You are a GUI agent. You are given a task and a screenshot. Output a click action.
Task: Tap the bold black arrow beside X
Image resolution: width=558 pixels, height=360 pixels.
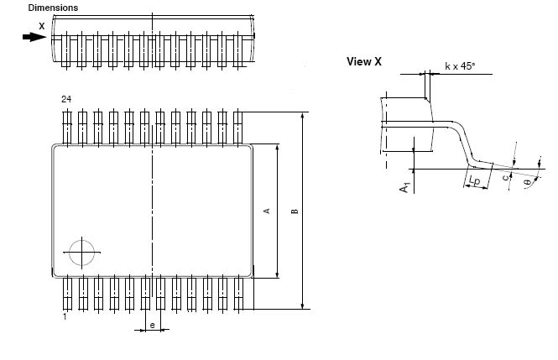click(34, 37)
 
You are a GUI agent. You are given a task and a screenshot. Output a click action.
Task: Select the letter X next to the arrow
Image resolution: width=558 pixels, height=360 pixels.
click(42, 25)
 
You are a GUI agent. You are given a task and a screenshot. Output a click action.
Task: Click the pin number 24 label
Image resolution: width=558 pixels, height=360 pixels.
click(65, 99)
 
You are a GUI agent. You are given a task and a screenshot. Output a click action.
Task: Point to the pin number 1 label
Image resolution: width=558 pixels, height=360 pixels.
click(65, 316)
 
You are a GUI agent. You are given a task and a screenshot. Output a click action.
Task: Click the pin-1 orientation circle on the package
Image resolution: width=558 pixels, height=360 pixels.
click(82, 253)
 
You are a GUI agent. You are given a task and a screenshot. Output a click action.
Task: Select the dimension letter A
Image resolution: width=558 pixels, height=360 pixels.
click(267, 211)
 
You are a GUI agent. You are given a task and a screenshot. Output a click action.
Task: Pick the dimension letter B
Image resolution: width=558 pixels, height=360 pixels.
click(295, 211)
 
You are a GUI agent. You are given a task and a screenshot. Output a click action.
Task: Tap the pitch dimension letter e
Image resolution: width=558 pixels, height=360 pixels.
click(152, 324)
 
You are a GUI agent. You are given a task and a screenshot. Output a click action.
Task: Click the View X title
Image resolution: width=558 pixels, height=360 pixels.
click(364, 61)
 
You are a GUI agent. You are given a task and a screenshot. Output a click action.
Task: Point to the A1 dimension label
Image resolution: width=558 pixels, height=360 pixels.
click(404, 188)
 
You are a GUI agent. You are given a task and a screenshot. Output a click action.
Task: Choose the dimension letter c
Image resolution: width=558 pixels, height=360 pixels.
click(504, 177)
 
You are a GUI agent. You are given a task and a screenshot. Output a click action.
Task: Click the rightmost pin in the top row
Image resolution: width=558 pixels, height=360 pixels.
click(238, 126)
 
